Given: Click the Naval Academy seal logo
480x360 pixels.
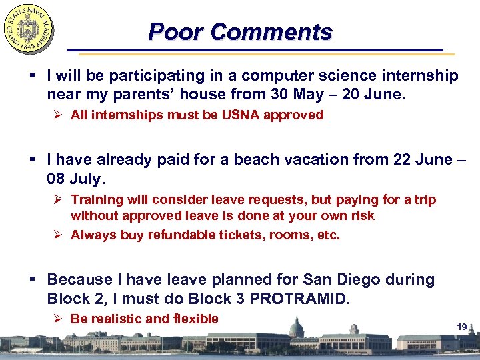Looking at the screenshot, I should [29, 29].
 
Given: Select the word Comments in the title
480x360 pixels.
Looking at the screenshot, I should [267, 32].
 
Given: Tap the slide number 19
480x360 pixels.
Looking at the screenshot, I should [461, 326].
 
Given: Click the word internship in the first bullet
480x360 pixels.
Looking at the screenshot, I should [420, 76].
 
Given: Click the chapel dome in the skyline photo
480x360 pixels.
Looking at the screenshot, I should [295, 329].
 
